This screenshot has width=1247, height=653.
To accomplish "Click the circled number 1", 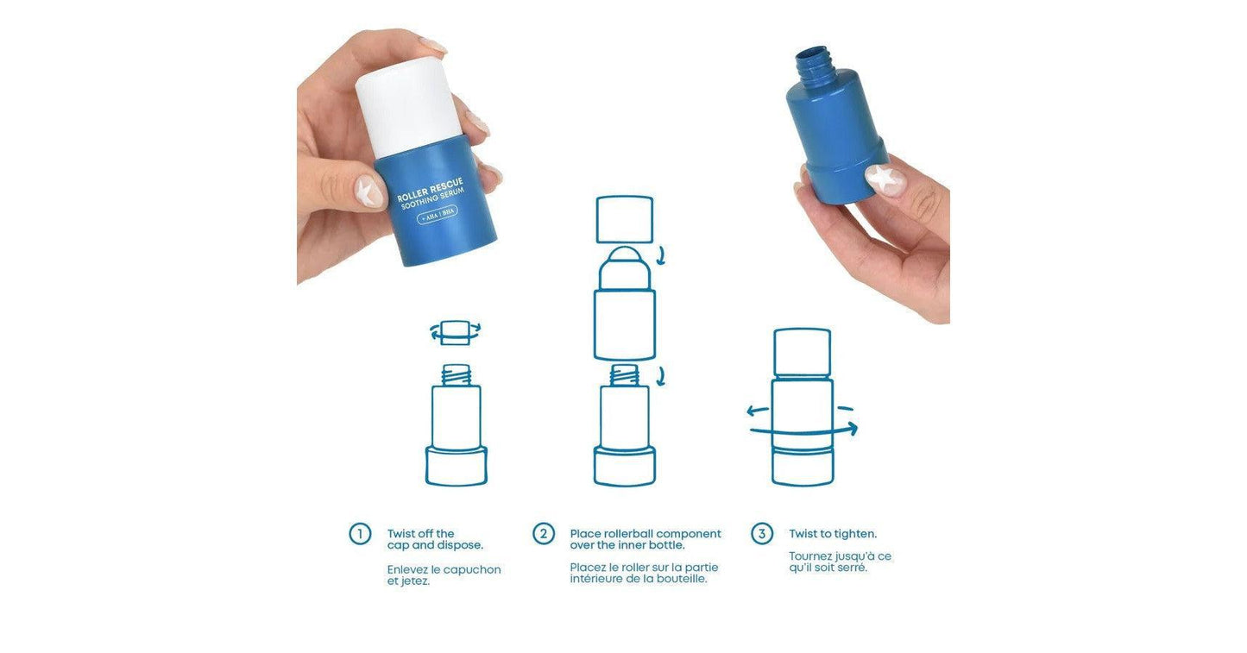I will click(x=360, y=534).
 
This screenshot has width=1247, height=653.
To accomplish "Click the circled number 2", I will click(x=543, y=534).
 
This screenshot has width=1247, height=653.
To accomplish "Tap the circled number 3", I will click(x=761, y=534).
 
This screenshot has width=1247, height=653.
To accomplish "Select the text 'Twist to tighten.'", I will click(x=833, y=534).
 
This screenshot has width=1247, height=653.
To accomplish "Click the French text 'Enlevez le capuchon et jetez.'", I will click(x=444, y=575).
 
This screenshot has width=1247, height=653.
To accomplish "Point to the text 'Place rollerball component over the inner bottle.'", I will click(x=645, y=539).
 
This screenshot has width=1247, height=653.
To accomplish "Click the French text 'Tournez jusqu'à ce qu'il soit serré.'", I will click(x=840, y=562).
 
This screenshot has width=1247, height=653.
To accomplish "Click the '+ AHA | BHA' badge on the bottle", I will click(x=438, y=215).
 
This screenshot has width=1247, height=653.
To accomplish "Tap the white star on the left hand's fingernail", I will click(x=370, y=192).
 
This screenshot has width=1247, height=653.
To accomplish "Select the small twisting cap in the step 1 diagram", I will click(x=455, y=332).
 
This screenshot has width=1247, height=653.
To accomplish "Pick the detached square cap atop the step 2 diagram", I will click(x=625, y=219).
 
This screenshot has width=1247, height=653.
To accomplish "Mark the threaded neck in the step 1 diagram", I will click(x=456, y=374).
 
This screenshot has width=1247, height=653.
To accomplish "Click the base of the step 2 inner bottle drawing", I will click(x=625, y=466).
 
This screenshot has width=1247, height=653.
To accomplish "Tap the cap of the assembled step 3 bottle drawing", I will click(x=803, y=352).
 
